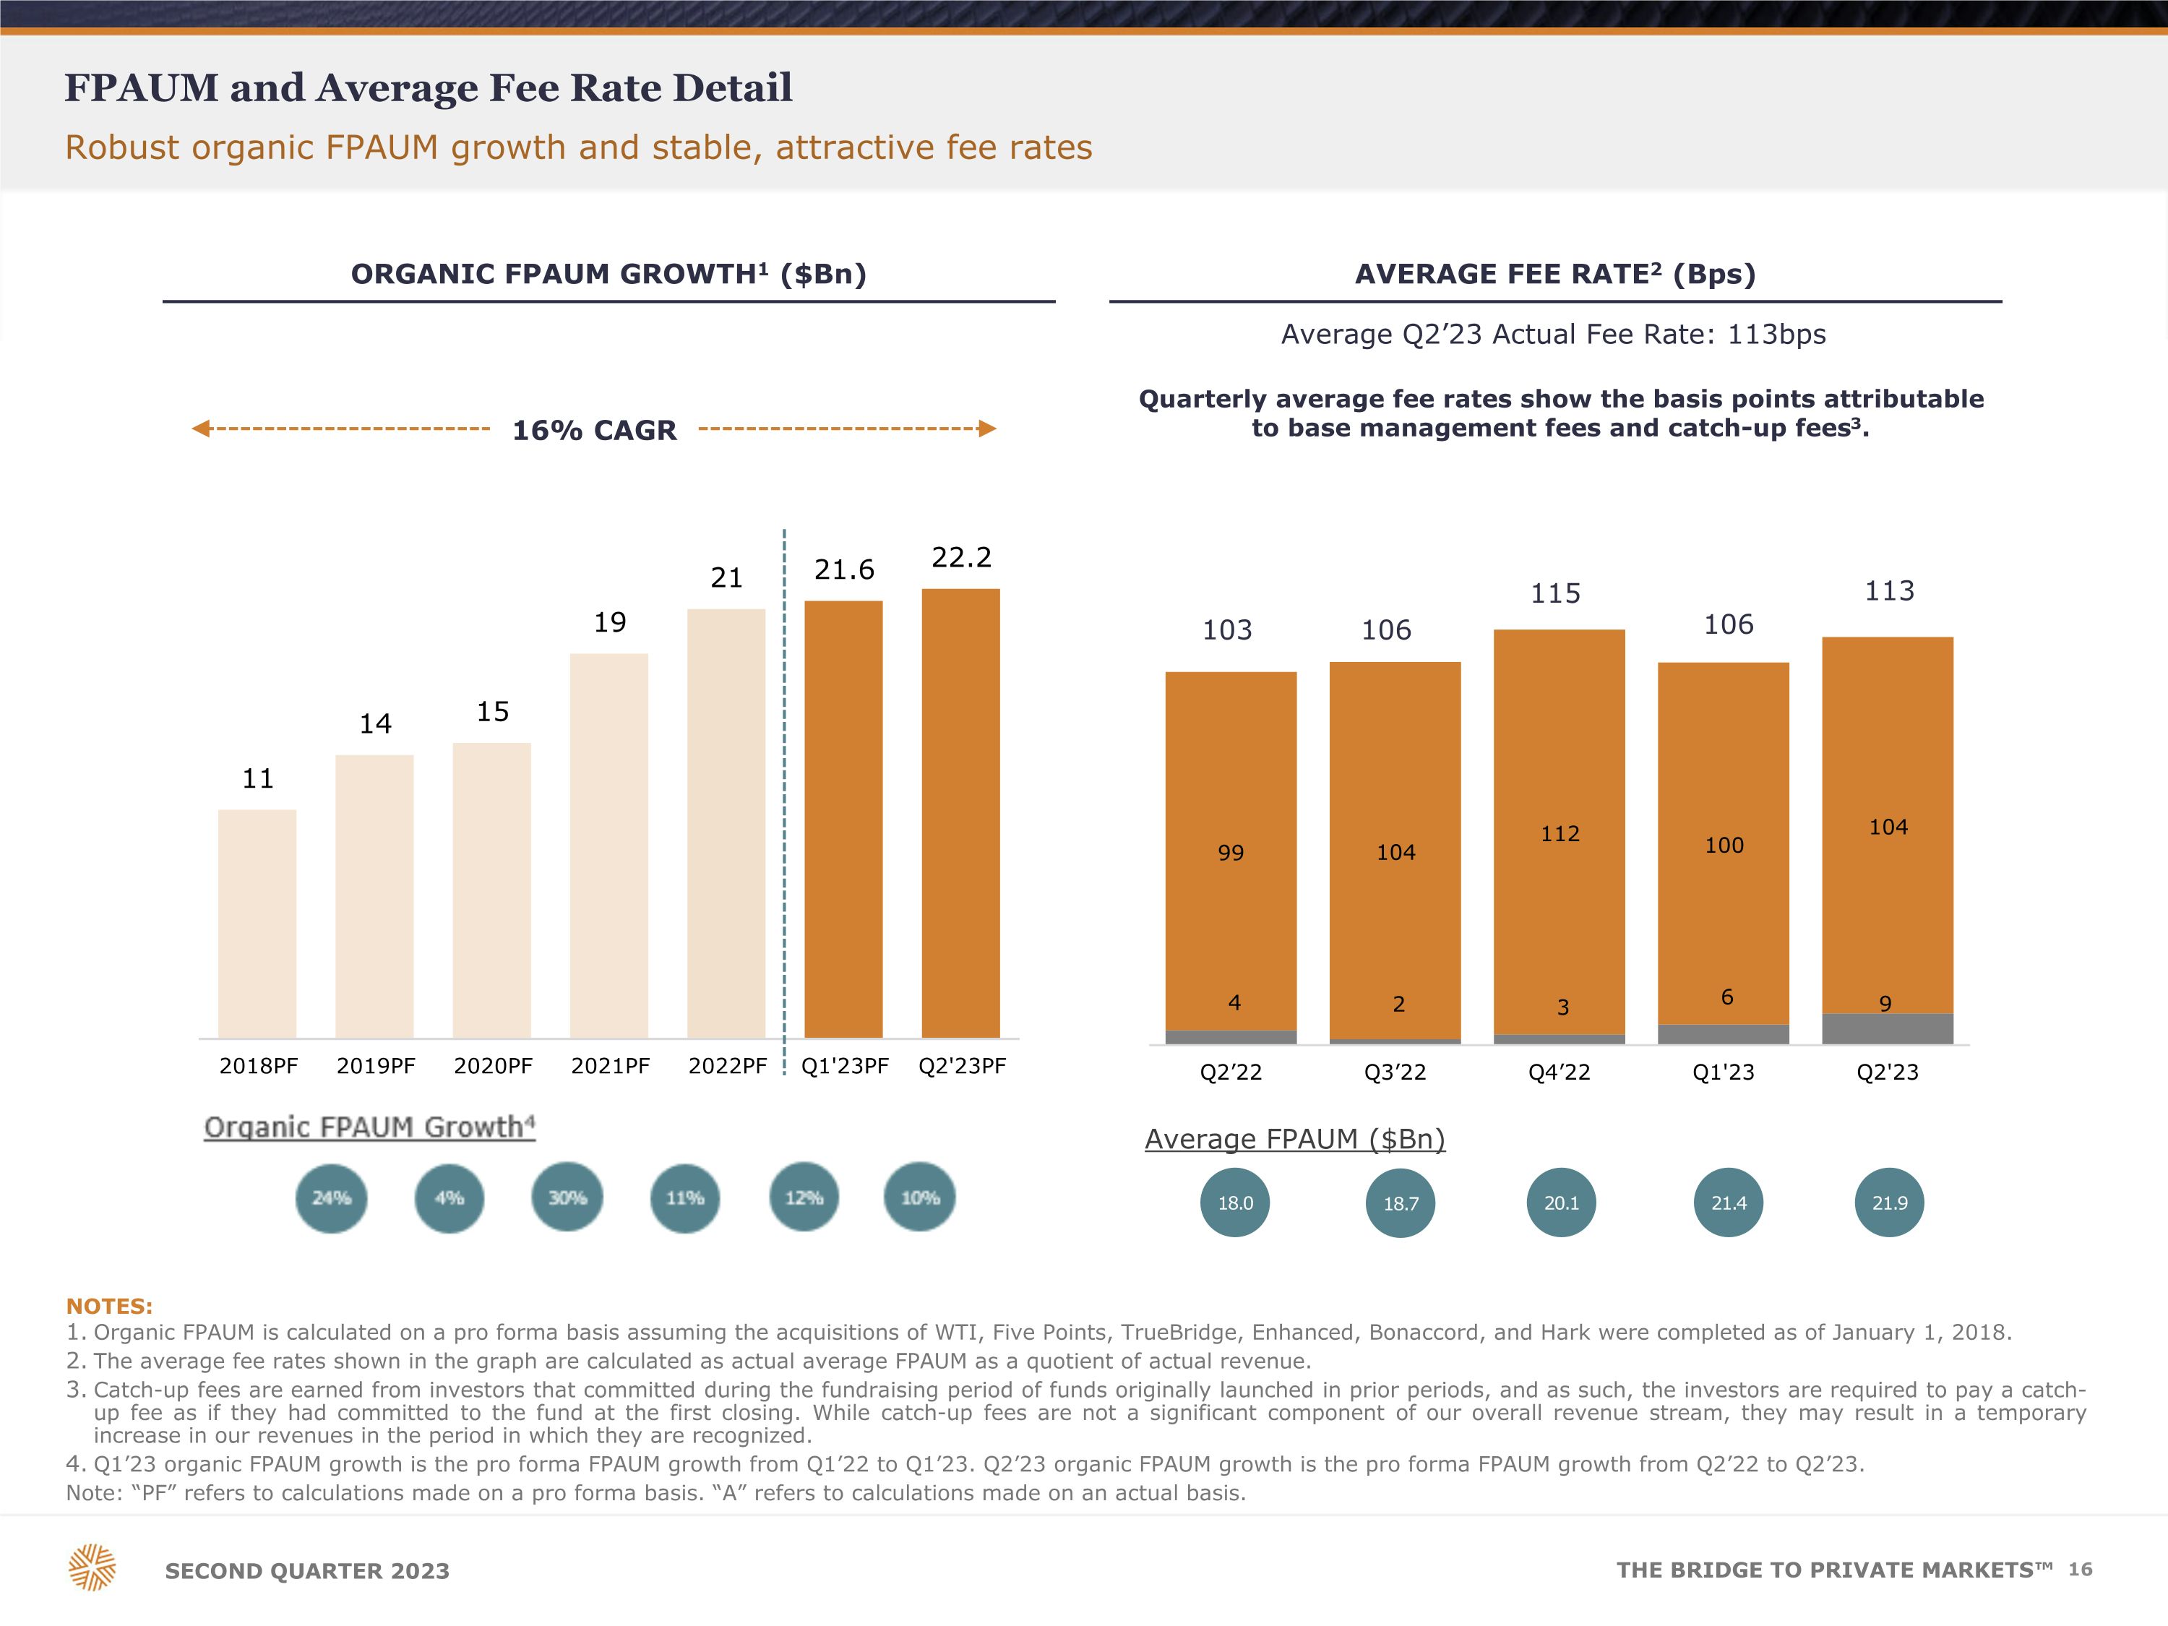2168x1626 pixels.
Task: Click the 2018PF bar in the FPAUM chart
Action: [257, 924]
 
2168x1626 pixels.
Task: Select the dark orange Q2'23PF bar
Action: [960, 814]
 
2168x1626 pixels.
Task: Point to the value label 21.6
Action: [844, 569]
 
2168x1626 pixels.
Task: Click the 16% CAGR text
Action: [594, 430]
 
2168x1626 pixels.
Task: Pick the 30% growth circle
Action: [567, 1197]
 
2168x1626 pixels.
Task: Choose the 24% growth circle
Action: [331, 1197]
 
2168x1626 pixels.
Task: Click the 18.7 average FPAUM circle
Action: [1401, 1203]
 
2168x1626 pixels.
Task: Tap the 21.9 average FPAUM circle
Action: [1890, 1203]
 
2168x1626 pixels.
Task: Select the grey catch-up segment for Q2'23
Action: [1887, 1028]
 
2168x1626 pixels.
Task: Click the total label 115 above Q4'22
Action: [1555, 594]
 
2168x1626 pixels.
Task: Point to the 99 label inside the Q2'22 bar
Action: [1230, 853]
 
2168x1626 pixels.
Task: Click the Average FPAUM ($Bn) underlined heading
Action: [1295, 1139]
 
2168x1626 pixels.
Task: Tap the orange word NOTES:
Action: [109, 1307]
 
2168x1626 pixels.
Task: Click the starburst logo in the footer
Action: [92, 1567]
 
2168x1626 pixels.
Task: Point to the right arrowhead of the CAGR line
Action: [987, 429]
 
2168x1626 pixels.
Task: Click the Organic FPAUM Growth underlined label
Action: [369, 1127]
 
